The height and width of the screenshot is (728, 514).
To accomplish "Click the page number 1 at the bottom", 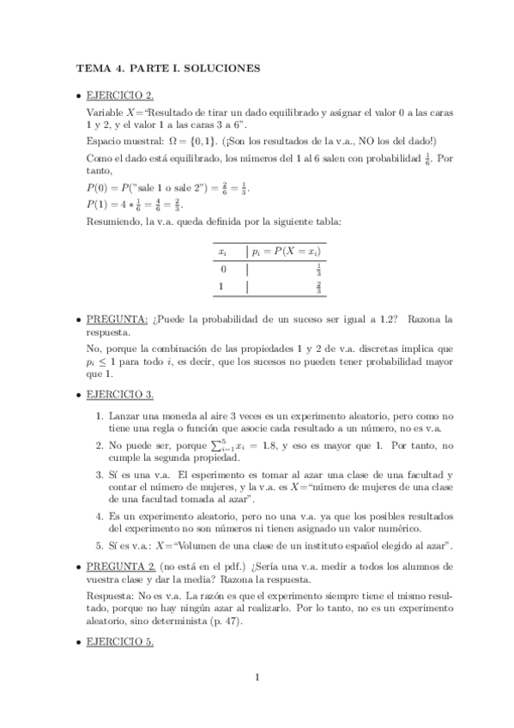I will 257,678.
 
